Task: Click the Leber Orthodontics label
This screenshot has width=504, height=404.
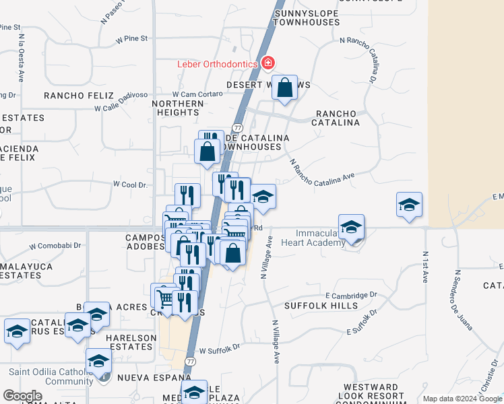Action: pyautogui.click(x=217, y=64)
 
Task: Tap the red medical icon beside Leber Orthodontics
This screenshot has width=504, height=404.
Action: pyautogui.click(x=268, y=63)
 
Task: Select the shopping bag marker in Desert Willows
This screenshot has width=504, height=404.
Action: pyautogui.click(x=285, y=88)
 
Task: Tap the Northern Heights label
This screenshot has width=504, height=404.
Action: pyautogui.click(x=178, y=108)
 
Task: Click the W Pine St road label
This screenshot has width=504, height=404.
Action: pyautogui.click(x=131, y=39)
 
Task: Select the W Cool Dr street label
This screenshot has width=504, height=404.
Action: pyautogui.click(x=129, y=184)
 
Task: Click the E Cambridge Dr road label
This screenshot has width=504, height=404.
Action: pyautogui.click(x=350, y=295)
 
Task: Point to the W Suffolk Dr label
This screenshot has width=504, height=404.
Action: pyautogui.click(x=220, y=349)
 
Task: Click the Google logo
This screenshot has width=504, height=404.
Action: pyautogui.click(x=22, y=396)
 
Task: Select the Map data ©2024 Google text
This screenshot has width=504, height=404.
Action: pyautogui.click(x=462, y=399)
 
